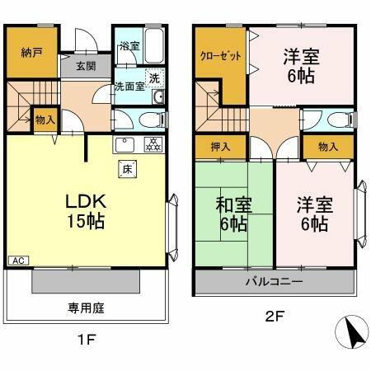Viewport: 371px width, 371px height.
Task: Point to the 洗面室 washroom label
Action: [x=129, y=85]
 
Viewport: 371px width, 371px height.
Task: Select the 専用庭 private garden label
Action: [x=85, y=309]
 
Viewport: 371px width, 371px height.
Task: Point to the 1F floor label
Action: [x=87, y=339]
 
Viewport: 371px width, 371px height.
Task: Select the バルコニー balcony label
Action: [x=274, y=282]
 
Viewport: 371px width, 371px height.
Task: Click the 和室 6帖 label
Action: [x=233, y=214]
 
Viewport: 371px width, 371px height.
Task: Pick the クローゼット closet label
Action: [x=219, y=57]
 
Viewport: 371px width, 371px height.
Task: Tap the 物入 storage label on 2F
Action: [x=326, y=148]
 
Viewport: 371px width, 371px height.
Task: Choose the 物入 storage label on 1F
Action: [x=45, y=120]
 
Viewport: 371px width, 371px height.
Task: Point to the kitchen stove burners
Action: [x=152, y=145]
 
